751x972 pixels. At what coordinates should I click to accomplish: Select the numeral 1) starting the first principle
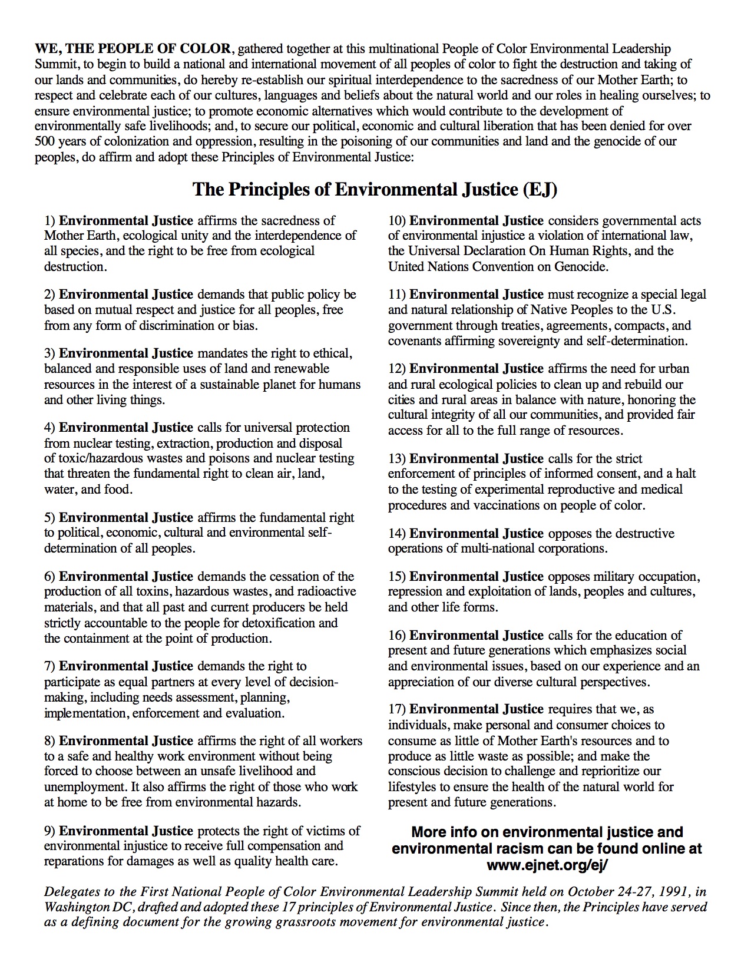tap(50, 221)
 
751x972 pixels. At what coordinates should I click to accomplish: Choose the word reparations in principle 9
tap(74, 862)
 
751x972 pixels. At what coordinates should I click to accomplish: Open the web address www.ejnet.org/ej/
tap(547, 865)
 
